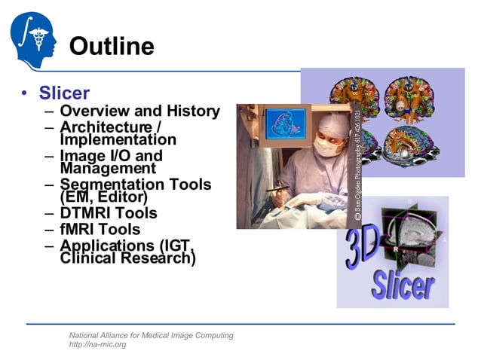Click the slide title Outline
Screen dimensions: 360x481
(112, 47)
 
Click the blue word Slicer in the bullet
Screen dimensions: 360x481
(64, 93)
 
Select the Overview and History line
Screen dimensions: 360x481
(139, 111)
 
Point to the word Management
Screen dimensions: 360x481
(107, 169)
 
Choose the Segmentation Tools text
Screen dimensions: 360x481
(136, 185)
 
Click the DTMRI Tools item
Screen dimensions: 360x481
(109, 213)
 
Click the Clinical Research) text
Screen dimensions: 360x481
(128, 258)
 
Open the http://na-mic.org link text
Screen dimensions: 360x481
(97, 345)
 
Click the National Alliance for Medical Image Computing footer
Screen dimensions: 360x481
(151, 335)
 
